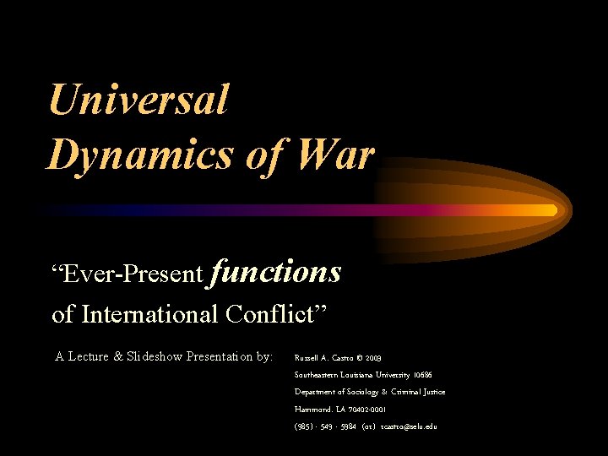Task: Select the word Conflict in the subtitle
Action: point(275,314)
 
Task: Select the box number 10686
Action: point(425,375)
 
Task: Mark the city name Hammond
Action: point(313,409)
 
